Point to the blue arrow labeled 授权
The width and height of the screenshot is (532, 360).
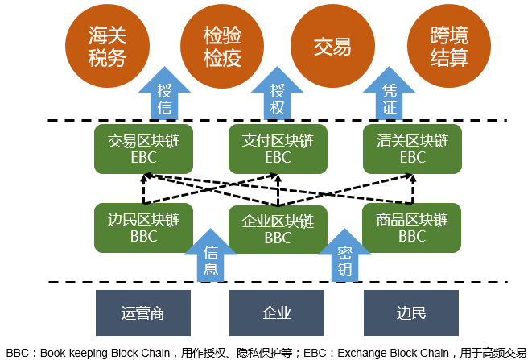[278, 97]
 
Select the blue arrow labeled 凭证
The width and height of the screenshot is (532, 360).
[390, 97]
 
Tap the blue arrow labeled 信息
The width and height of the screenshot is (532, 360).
[211, 258]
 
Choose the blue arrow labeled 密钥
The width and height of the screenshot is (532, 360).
[344, 258]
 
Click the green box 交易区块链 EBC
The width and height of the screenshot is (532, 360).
[143, 149]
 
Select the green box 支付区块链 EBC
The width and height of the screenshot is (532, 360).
[278, 149]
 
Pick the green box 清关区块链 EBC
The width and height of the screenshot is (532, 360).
[412, 149]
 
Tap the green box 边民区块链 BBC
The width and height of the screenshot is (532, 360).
[143, 227]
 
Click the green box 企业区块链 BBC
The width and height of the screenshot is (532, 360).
[278, 229]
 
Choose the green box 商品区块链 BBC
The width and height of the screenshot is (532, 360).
[412, 227]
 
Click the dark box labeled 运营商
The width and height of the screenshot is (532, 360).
[143, 312]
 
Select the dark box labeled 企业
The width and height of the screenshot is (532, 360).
[277, 312]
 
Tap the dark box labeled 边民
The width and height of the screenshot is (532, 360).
[411, 312]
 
